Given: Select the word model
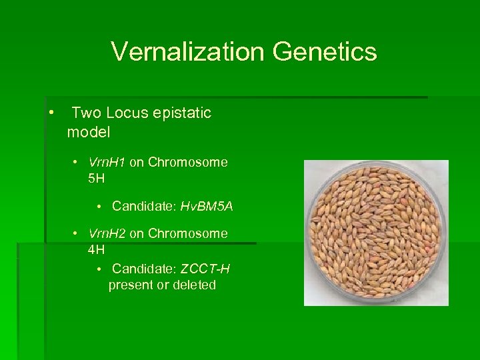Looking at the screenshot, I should [89, 132].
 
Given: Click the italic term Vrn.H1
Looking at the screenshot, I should [107, 162].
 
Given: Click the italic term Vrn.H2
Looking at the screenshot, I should [107, 233].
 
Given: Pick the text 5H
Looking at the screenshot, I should [96, 179].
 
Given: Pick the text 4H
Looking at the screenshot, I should [96, 249].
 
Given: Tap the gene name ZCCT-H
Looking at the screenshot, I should [205, 269].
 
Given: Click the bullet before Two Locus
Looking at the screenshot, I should [51, 112].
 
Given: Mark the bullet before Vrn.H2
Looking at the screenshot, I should [77, 234].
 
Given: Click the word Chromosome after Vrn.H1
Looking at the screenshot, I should [187, 162].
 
